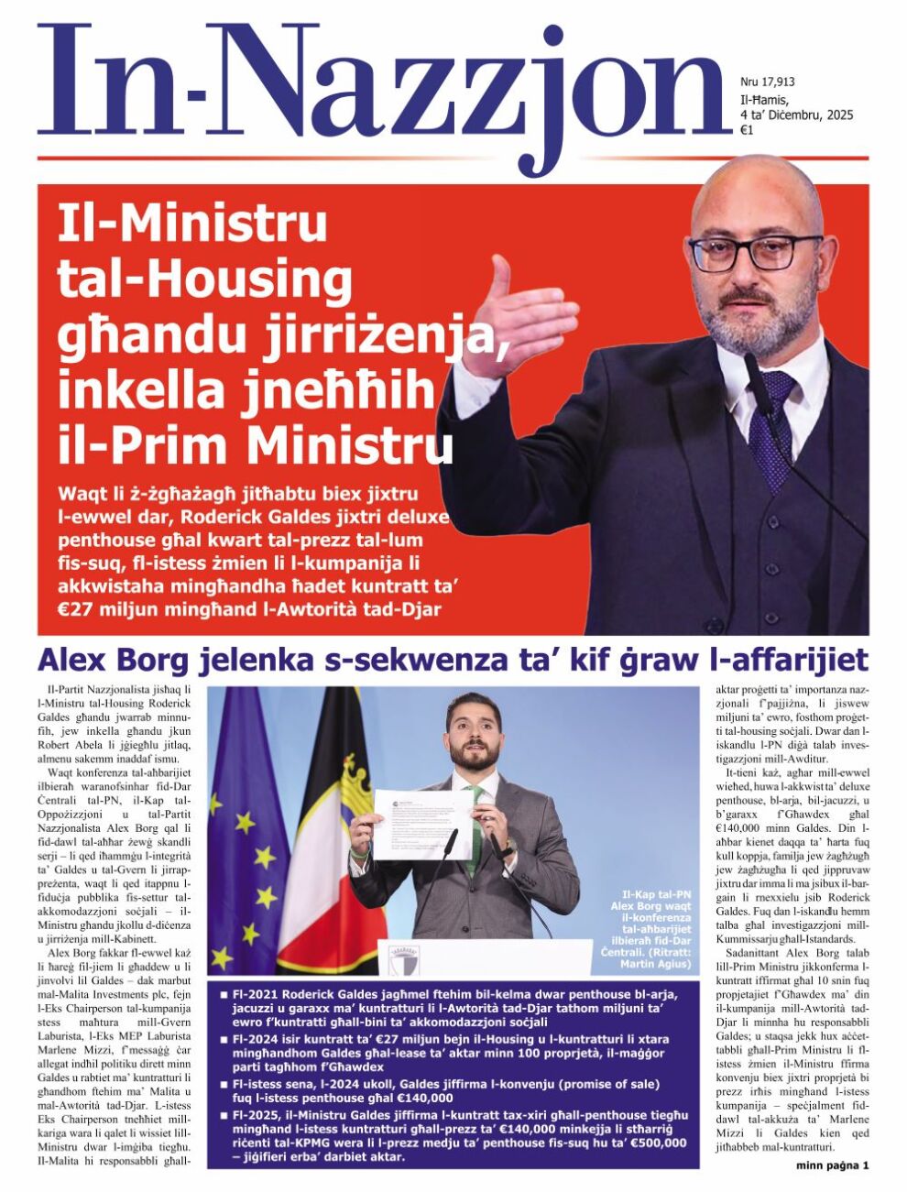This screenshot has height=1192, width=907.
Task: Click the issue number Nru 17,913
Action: pos(767,82)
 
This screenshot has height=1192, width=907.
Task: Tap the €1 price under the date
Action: pos(747,131)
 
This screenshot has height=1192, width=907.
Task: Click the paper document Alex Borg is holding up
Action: pos(422,822)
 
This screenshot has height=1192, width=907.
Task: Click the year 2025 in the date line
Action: pos(839,115)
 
